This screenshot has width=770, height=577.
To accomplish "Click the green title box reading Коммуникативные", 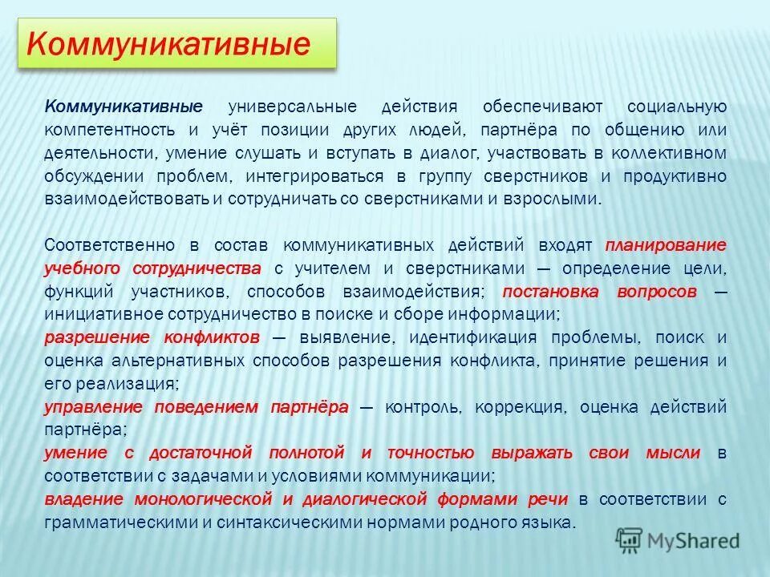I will [x=176, y=44].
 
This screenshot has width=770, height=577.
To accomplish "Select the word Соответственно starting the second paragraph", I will [x=110, y=245].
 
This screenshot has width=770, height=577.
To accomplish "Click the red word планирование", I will [x=667, y=245].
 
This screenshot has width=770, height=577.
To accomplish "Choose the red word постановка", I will [x=553, y=292].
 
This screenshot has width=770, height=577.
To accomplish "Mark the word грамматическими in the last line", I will [x=120, y=523].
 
